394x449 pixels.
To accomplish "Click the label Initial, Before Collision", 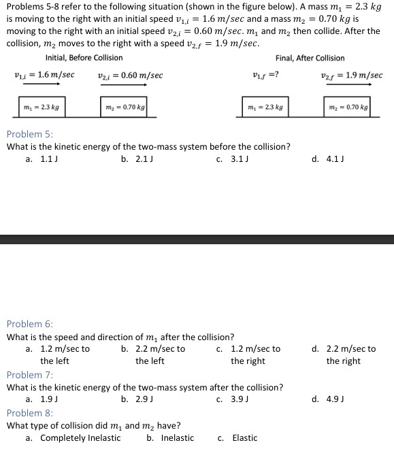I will click(84, 58).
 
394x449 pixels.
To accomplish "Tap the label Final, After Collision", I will click(310, 58).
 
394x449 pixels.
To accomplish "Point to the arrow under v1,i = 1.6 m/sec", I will click(37, 84).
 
